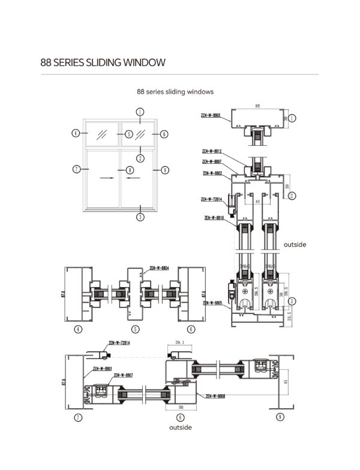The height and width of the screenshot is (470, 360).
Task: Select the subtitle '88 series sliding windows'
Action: (x=175, y=92)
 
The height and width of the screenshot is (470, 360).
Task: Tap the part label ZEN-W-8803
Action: (x=210, y=115)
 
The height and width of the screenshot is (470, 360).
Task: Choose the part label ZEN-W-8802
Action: (x=213, y=173)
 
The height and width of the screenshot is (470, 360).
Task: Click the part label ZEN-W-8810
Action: (x=214, y=218)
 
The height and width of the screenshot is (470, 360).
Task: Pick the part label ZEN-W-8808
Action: (x=215, y=396)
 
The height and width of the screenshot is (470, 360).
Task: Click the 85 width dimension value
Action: (x=257, y=106)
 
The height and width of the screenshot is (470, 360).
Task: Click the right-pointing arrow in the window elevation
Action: (x=107, y=178)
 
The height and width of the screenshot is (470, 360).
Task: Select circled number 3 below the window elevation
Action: (x=139, y=217)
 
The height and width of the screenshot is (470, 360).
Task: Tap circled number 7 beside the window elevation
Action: (x=76, y=170)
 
